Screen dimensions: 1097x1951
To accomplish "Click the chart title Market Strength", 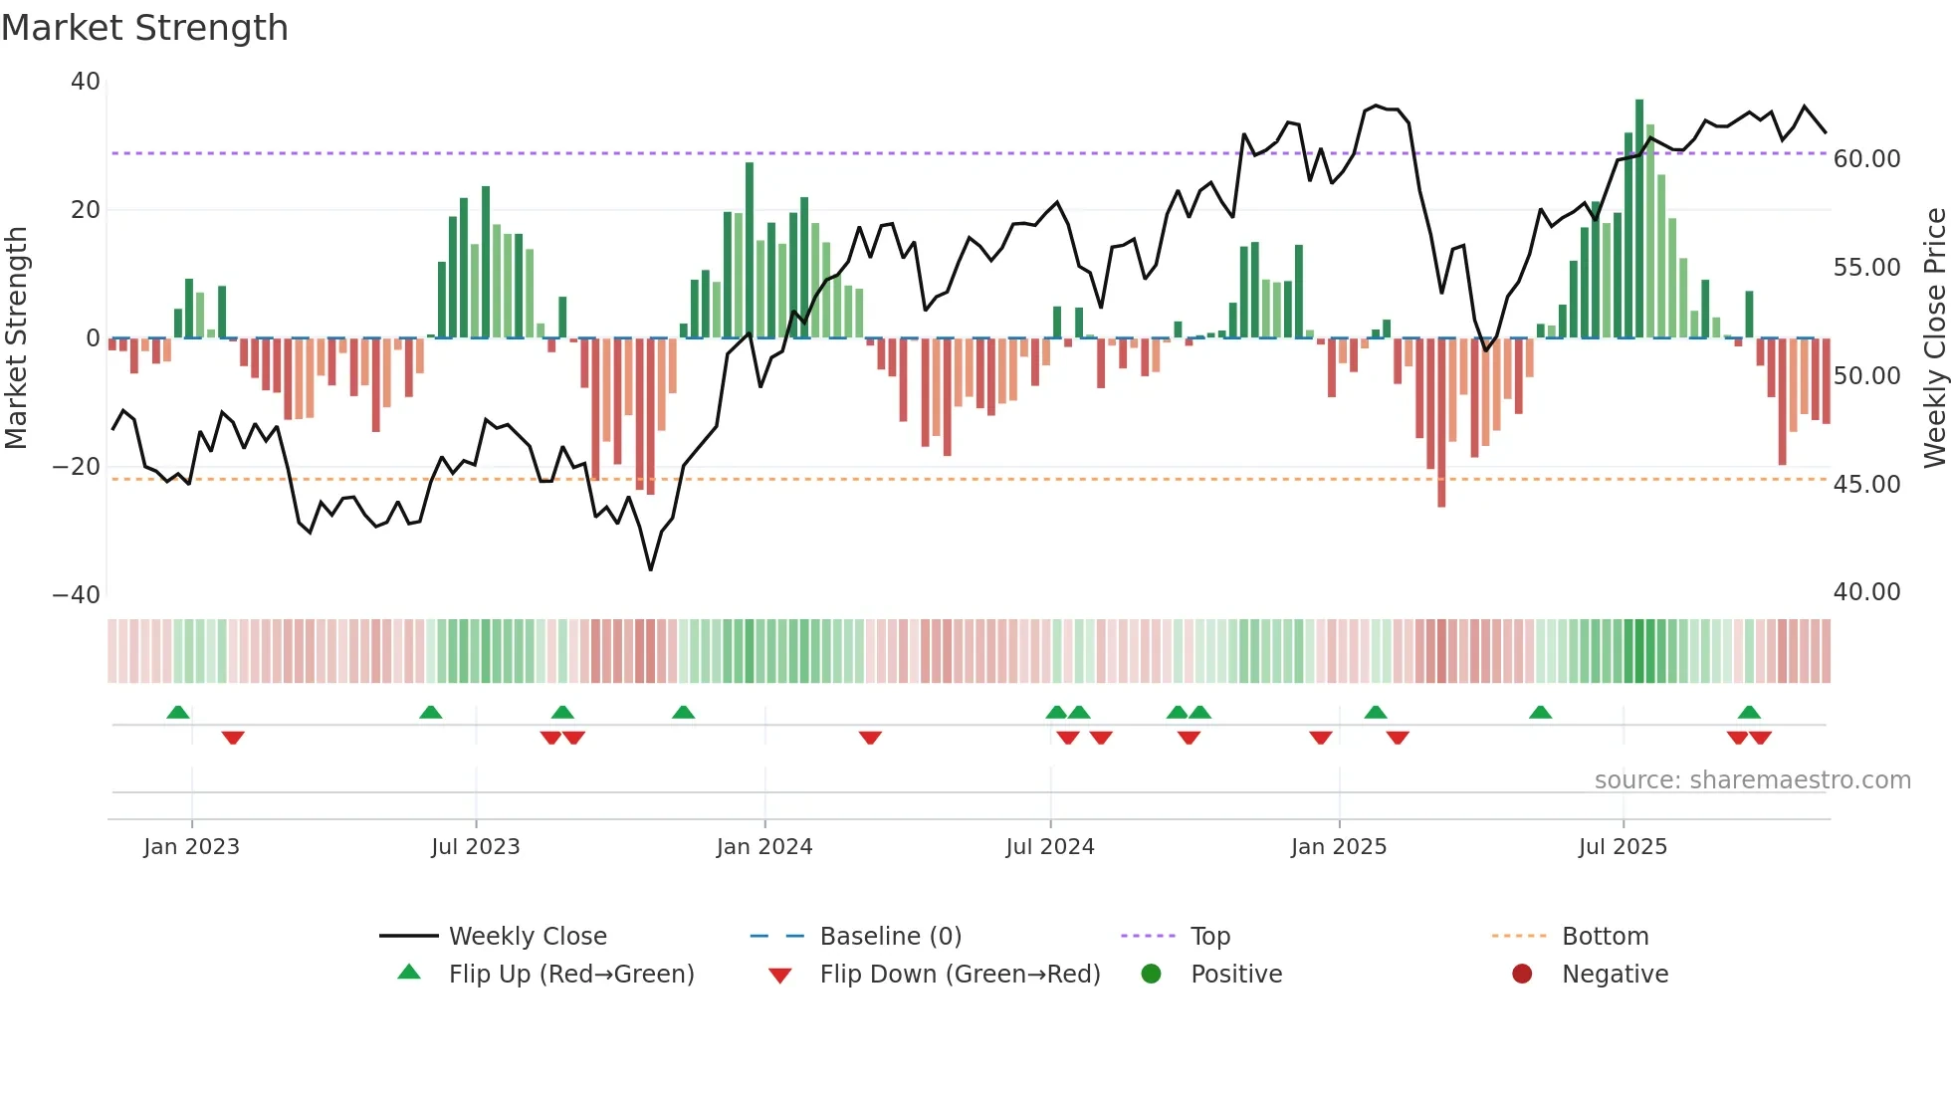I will click(x=144, y=28).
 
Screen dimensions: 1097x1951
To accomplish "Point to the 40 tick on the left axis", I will click(x=86, y=82).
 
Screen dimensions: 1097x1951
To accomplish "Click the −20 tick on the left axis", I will click(x=77, y=467).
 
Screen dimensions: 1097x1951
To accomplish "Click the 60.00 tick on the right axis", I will click(x=1866, y=159).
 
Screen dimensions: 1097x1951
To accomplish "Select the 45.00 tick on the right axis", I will click(x=1866, y=484).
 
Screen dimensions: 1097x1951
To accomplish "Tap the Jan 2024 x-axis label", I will click(x=764, y=847).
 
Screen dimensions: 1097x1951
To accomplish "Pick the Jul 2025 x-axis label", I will click(x=1623, y=847).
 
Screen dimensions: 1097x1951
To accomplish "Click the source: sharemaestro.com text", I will click(x=1752, y=780).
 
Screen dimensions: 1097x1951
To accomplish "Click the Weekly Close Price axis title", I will click(x=1934, y=337).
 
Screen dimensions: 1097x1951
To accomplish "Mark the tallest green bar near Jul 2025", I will click(x=1639, y=219).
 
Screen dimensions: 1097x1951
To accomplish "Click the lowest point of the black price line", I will click(x=651, y=569).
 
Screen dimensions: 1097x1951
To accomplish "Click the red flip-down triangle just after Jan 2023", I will click(x=233, y=738).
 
